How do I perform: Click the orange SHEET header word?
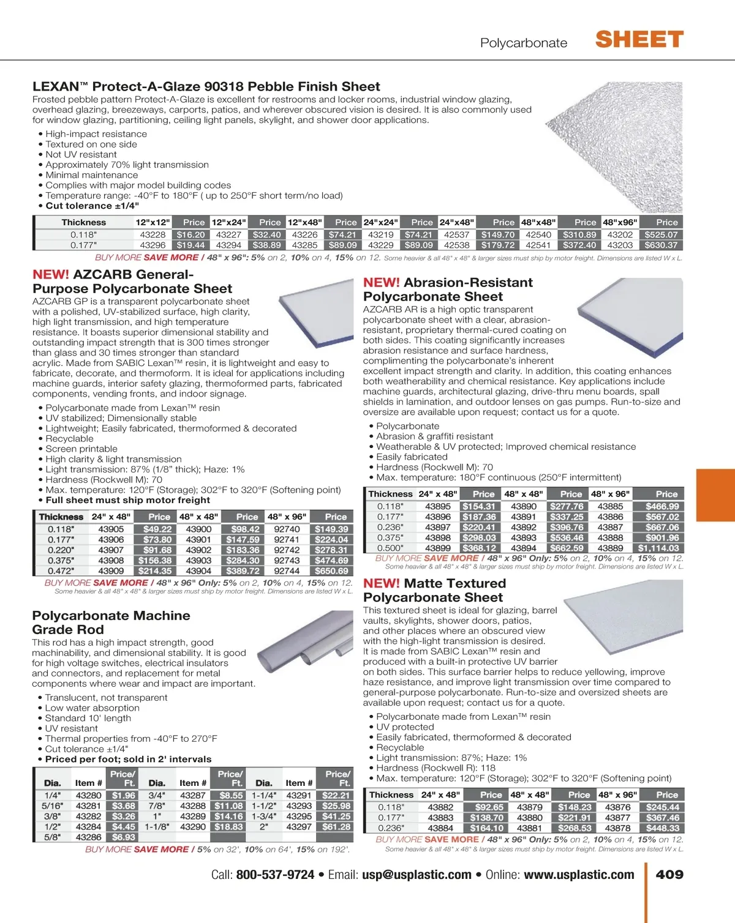pyautogui.click(x=639, y=40)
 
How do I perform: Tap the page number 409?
pyautogui.click(x=669, y=875)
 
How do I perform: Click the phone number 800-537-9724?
pyautogui.click(x=275, y=875)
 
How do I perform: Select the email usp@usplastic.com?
pyautogui.click(x=417, y=875)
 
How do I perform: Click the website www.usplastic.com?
pyautogui.click(x=579, y=875)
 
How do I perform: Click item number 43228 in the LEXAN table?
pyautogui.click(x=153, y=234)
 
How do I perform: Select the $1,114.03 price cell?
pyautogui.click(x=658, y=548)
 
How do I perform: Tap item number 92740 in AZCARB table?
pyautogui.click(x=287, y=529)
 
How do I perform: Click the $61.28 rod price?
pyautogui.click(x=336, y=827)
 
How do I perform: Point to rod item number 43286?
pyautogui.click(x=89, y=837)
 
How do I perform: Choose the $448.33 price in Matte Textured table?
pyautogui.click(x=662, y=828)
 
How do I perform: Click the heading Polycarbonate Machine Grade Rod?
pyautogui.click(x=111, y=622)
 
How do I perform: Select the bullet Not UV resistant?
pyautogui.click(x=81, y=155)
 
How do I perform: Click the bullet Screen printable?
pyautogui.click(x=81, y=449)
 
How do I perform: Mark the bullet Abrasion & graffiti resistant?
pyautogui.click(x=434, y=436)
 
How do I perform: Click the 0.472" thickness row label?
pyautogui.click(x=61, y=571)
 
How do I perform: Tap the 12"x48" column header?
pyautogui.click(x=304, y=223)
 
